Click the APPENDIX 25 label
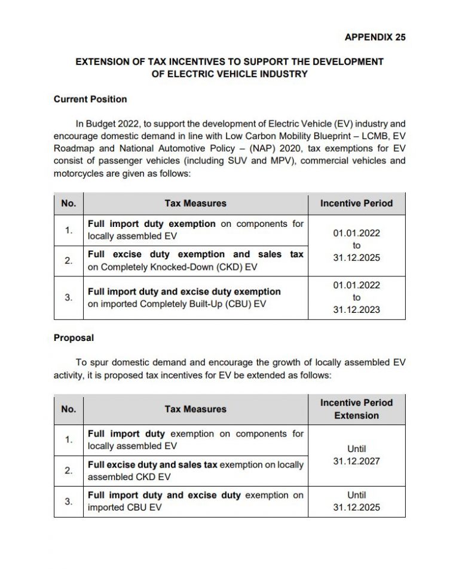click(x=375, y=37)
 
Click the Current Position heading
click(x=90, y=99)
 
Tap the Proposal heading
click(x=74, y=338)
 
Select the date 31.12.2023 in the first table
click(x=356, y=310)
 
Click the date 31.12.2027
click(x=356, y=462)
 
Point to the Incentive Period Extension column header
click(x=356, y=409)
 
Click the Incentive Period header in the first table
click(x=356, y=204)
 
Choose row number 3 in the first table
click(x=69, y=298)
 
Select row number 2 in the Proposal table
click(x=69, y=470)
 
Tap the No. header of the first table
click(x=69, y=204)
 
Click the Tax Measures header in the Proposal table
click(x=195, y=409)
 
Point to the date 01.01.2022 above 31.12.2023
click(x=356, y=285)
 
